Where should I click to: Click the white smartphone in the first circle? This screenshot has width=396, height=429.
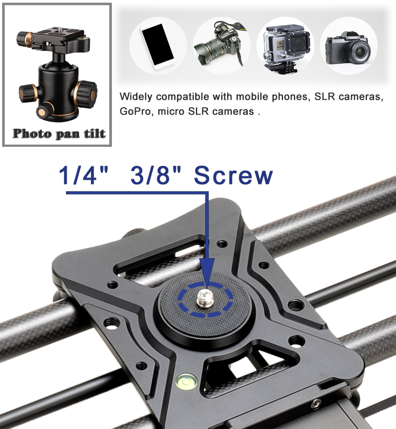(158, 45)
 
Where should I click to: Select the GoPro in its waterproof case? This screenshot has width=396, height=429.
(286, 48)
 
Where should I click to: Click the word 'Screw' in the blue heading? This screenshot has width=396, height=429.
(233, 175)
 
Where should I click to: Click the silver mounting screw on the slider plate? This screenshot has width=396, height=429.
(204, 299)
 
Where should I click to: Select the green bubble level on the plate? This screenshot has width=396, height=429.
(186, 381)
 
